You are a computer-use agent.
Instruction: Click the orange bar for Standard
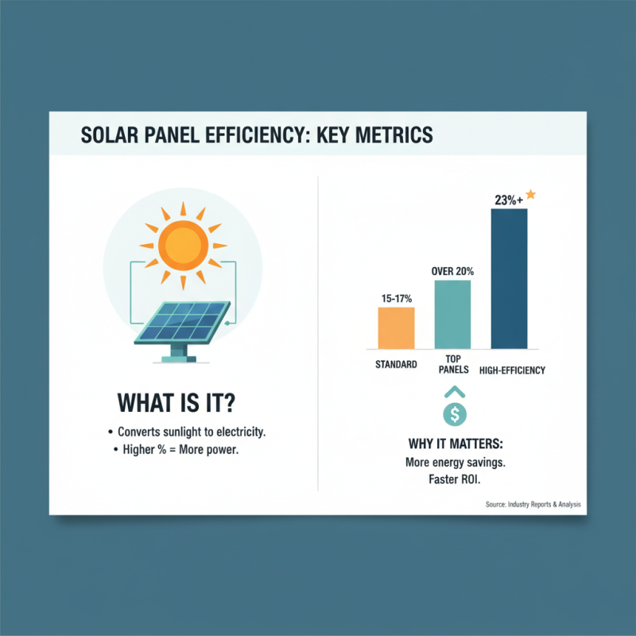396,328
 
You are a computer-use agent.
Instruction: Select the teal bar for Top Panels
453,314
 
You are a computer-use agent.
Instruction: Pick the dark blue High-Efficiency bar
509,278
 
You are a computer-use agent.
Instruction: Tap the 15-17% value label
396,298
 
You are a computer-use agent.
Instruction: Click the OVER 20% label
453,271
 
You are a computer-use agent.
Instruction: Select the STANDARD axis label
396,366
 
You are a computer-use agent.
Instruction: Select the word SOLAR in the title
111,134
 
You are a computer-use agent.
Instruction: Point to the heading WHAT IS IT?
176,402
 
